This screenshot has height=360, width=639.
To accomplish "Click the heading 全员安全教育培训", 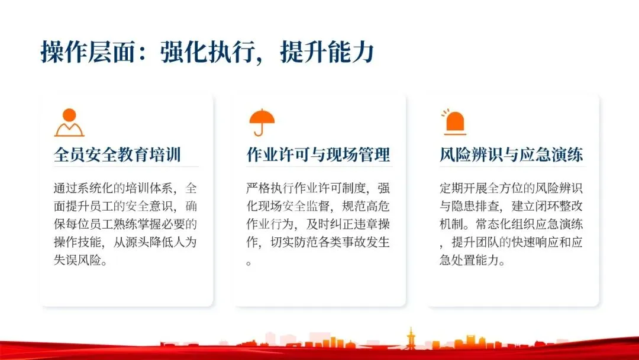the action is [x=117, y=155].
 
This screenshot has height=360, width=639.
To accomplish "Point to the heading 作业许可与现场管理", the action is [x=318, y=155].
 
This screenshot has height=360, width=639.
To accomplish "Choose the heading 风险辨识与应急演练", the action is [x=511, y=155].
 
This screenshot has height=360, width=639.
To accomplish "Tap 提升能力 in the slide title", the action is [x=327, y=52].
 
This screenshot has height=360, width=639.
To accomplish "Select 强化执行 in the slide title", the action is [x=208, y=52].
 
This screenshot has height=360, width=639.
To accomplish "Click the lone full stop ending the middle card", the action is [x=249, y=263].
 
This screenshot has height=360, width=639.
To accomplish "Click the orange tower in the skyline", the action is [x=411, y=339].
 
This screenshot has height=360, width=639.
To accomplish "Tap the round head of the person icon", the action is [x=69, y=115].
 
